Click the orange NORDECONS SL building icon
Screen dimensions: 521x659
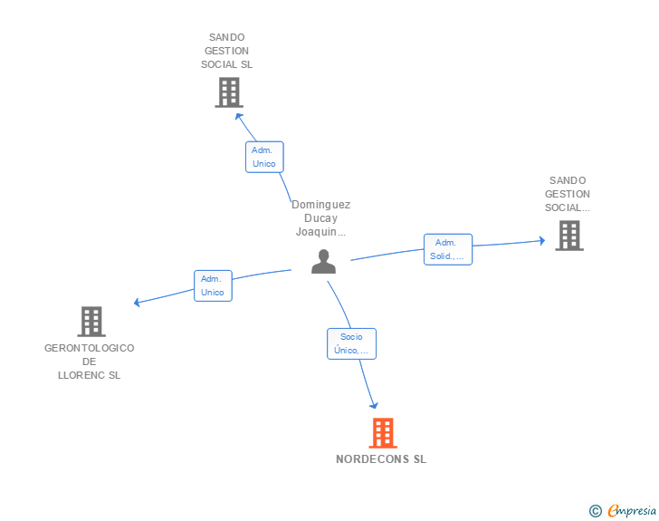(383, 433)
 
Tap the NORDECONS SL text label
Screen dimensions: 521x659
(381, 459)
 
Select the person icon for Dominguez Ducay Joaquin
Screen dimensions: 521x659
(323, 261)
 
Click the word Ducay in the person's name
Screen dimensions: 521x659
(321, 218)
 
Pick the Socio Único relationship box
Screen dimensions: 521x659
(351, 343)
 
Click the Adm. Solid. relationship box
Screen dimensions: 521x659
(447, 249)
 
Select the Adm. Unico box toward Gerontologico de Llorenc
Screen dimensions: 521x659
(213, 285)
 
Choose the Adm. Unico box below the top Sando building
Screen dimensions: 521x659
(264, 157)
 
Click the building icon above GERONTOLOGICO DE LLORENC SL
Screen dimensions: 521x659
(91, 321)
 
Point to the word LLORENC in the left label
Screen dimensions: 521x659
(89, 375)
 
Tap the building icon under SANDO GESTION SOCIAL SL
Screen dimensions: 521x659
(229, 92)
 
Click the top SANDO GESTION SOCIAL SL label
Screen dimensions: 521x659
(227, 51)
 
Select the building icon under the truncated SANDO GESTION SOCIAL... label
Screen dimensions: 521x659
(568, 236)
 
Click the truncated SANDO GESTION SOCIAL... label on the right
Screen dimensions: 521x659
(568, 194)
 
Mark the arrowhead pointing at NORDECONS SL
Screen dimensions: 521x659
(373, 406)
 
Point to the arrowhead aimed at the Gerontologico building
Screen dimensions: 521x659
(137, 303)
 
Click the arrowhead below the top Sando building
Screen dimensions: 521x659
(239, 114)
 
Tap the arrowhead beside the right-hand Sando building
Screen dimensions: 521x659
(541, 240)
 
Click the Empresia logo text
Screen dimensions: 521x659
(631, 510)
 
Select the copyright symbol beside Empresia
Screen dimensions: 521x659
(595, 511)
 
